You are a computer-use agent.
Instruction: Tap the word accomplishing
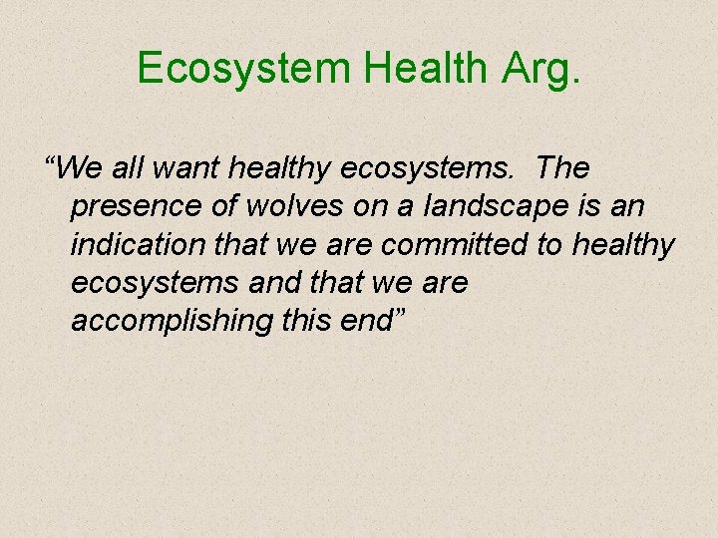156,321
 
